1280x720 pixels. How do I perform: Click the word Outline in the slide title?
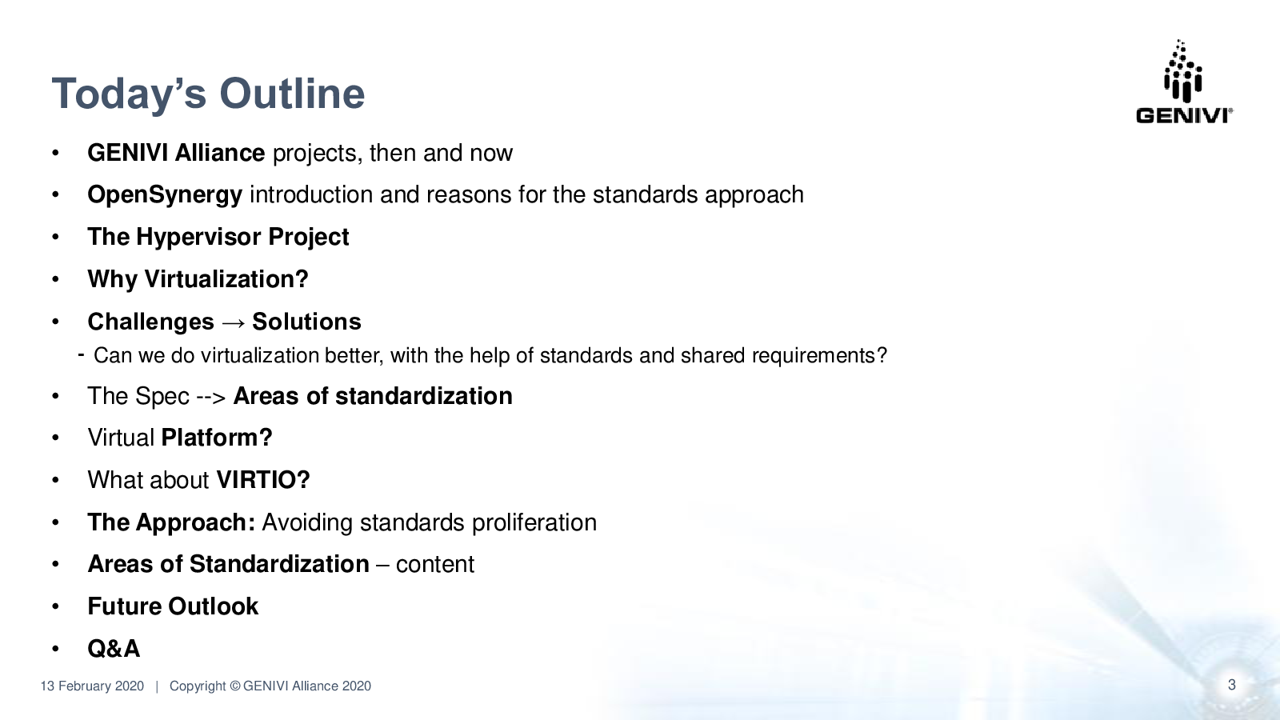pos(292,93)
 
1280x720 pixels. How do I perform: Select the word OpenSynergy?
pos(165,195)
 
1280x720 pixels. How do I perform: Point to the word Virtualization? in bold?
pos(226,279)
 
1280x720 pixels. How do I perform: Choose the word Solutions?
pos(307,322)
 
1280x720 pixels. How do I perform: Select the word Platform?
pos(217,438)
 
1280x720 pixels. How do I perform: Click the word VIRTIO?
pos(263,480)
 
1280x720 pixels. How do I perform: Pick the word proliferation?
pos(534,523)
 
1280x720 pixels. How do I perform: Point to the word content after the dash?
pos(435,565)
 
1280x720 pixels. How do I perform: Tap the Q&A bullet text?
pos(114,649)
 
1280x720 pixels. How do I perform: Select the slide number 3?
pos(1231,685)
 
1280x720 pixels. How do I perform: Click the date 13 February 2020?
pos(92,686)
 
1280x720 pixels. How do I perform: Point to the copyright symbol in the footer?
pos(235,686)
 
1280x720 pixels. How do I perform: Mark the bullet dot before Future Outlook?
pos(55,607)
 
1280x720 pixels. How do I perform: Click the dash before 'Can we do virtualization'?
pos(81,355)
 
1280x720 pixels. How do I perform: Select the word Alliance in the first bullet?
pos(220,153)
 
